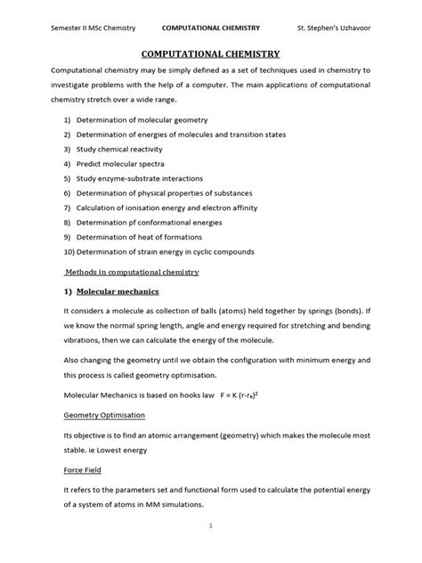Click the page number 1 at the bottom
click(211, 526)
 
